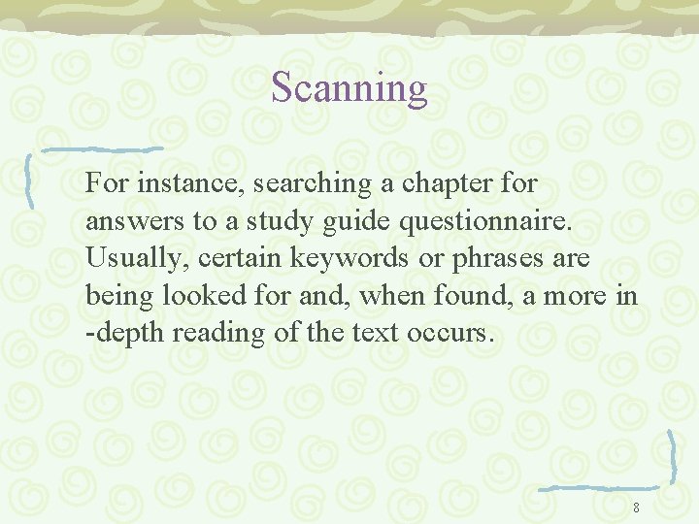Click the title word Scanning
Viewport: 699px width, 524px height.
[349, 88]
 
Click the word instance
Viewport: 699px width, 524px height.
[191, 182]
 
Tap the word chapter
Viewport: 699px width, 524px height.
[445, 182]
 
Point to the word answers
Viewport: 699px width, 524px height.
[135, 221]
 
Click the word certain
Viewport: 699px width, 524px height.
[221, 258]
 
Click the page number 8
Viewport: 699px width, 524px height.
[636, 508]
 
